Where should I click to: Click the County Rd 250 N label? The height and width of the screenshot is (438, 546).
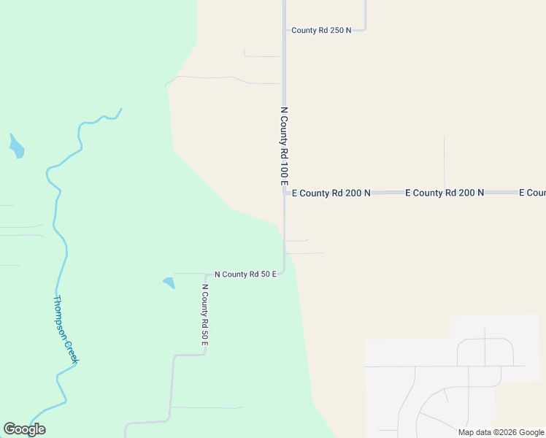[x=321, y=30]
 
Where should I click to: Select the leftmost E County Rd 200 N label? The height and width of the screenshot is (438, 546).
[x=331, y=193]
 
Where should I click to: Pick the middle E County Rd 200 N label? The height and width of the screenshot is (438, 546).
[x=445, y=193]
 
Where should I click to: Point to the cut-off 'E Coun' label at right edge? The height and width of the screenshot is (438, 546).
[x=532, y=193]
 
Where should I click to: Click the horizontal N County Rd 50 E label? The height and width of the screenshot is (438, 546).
[x=245, y=274]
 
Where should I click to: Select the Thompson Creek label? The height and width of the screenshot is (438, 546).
[x=65, y=330]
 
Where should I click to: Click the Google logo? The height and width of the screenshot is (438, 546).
[x=24, y=429]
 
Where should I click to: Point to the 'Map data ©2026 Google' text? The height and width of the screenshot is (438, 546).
[x=501, y=432]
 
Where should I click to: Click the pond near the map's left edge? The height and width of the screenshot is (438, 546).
[x=15, y=147]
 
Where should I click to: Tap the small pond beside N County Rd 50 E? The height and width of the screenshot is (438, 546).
[x=169, y=282]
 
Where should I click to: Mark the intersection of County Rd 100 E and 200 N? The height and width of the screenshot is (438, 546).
[x=284, y=193]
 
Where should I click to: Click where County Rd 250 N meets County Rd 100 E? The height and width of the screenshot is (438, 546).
[x=284, y=30]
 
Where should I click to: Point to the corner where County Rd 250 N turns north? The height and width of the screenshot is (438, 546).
[x=364, y=29]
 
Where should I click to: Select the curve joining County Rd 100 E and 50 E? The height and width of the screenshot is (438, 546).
[x=282, y=271]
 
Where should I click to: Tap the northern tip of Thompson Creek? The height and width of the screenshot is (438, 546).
[x=121, y=109]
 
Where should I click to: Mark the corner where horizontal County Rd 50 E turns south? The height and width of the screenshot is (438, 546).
[x=207, y=274]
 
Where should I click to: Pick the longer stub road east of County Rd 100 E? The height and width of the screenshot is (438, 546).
[x=305, y=253]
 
